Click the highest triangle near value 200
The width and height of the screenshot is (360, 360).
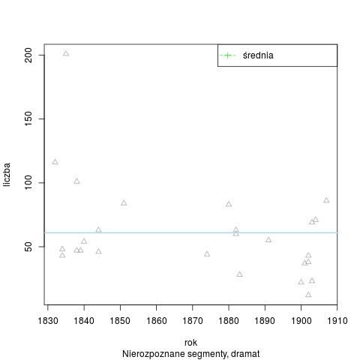tap(66, 53)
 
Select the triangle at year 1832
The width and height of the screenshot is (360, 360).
tap(55, 162)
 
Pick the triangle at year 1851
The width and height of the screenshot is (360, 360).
tap(124, 202)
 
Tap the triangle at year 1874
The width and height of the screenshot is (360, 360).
tap(207, 254)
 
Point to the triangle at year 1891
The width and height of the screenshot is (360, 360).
tap(268, 240)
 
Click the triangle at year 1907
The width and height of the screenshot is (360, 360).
tap(326, 200)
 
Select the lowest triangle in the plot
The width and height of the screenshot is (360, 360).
tap(308, 295)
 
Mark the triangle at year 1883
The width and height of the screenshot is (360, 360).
tap(239, 274)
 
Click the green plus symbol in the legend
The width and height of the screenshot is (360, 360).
tap(227, 55)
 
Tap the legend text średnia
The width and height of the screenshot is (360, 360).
tap(258, 55)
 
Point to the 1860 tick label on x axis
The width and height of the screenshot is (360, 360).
tap(156, 321)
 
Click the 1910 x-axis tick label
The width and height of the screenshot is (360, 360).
tap(337, 321)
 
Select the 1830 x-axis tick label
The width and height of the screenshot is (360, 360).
tap(48, 321)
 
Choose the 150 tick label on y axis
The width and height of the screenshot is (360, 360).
tap(28, 118)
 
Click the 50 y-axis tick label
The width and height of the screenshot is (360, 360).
tap(28, 247)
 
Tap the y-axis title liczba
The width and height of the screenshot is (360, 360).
tap(7, 175)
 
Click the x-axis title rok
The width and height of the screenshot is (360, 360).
tap(190, 343)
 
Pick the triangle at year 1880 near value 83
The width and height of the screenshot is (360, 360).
tap(229, 204)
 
